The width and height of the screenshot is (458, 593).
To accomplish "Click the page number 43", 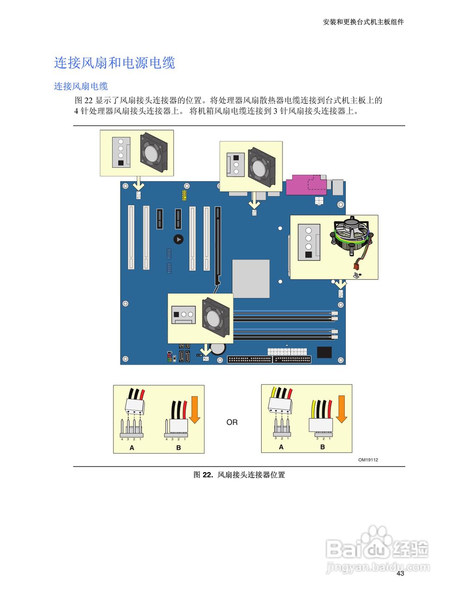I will click(x=400, y=573).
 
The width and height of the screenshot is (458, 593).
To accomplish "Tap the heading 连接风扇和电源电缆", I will click(x=114, y=63).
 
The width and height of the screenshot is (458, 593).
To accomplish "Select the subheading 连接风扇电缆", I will click(x=81, y=86).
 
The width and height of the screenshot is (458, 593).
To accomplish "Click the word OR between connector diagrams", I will click(x=232, y=422).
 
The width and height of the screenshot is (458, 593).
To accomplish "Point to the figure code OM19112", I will click(x=368, y=460).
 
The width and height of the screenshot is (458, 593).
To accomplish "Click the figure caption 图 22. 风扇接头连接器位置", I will click(x=239, y=474).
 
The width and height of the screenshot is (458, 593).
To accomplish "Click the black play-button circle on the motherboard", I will click(x=178, y=239).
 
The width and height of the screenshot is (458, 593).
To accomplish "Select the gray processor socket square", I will click(x=251, y=278).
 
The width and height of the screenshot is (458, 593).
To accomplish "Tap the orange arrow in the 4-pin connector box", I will click(x=194, y=410).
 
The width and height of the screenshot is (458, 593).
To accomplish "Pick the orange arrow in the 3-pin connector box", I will click(x=341, y=409).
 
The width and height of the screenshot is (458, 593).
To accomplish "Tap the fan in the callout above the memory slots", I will click(x=216, y=317).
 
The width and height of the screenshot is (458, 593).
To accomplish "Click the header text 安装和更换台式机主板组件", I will click(x=363, y=22).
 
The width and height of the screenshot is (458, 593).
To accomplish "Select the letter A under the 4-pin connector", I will click(x=132, y=448).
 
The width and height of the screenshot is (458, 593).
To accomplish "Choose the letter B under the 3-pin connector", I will click(x=322, y=447).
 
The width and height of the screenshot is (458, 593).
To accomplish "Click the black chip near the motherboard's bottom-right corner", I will click(x=325, y=352).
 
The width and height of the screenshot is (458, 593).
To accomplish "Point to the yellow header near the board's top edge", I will click(x=184, y=195).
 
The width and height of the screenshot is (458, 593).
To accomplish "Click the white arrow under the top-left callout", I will click(x=138, y=185).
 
